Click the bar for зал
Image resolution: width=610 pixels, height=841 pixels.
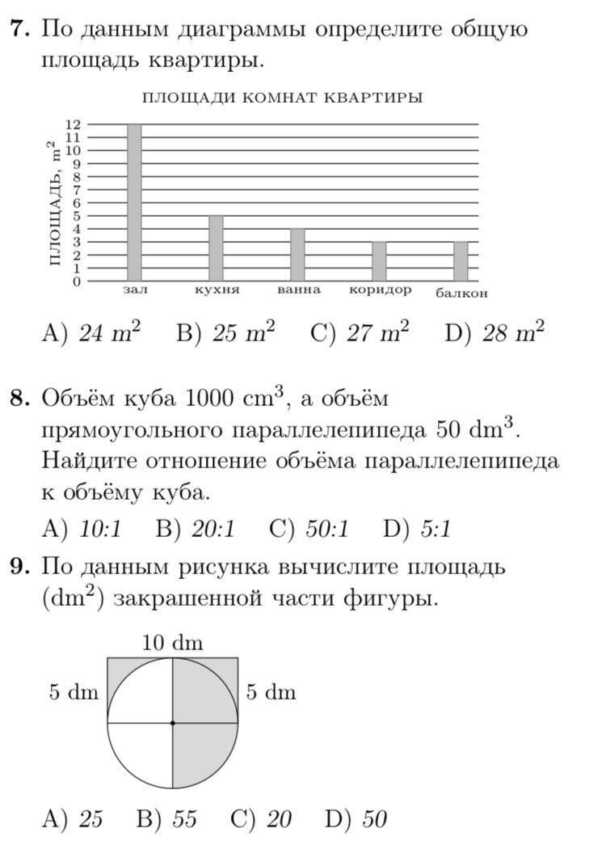[134, 202]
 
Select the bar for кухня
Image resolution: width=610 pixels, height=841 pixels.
[216, 248]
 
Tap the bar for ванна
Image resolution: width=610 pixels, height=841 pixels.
[297, 255]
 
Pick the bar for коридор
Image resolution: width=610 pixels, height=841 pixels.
[379, 261]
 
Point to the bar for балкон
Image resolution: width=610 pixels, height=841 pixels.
[461, 261]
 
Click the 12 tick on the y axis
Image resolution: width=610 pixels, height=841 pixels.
[73, 125]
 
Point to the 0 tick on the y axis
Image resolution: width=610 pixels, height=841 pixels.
[77, 281]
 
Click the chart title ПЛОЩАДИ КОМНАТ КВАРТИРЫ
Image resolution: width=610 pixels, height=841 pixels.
[282, 98]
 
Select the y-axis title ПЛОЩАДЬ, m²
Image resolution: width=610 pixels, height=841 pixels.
[54, 203]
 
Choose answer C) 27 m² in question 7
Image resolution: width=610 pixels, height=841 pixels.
[360, 332]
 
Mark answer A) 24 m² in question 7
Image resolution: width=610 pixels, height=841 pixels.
[91, 332]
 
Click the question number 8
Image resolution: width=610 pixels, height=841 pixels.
[19, 399]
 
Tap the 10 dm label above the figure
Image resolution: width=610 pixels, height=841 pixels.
[172, 643]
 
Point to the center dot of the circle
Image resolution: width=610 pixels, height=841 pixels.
[172, 722]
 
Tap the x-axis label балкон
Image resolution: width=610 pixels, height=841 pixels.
[461, 293]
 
